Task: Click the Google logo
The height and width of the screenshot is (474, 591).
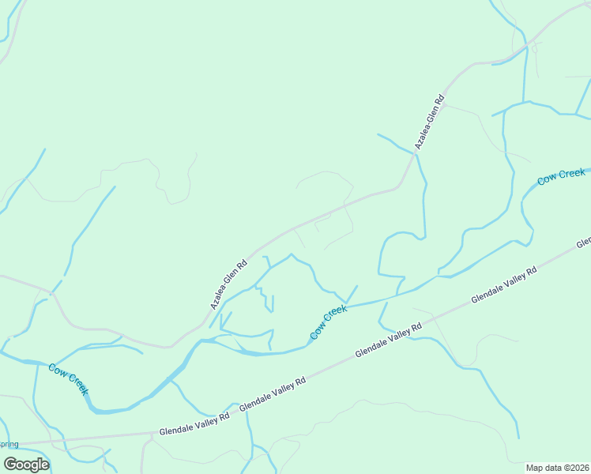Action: (26, 464)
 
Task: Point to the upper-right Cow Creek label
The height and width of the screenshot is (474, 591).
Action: (561, 177)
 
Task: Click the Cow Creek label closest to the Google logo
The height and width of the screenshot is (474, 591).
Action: (69, 379)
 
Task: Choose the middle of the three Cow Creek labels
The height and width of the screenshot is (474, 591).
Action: (329, 323)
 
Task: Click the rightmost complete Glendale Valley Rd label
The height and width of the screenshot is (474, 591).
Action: (504, 286)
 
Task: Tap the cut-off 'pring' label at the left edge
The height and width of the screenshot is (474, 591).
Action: (9, 444)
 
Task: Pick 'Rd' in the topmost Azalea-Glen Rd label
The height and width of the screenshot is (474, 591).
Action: (440, 102)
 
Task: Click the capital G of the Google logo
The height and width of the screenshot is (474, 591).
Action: (10, 464)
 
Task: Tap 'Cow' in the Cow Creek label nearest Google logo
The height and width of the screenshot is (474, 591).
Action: (58, 371)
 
